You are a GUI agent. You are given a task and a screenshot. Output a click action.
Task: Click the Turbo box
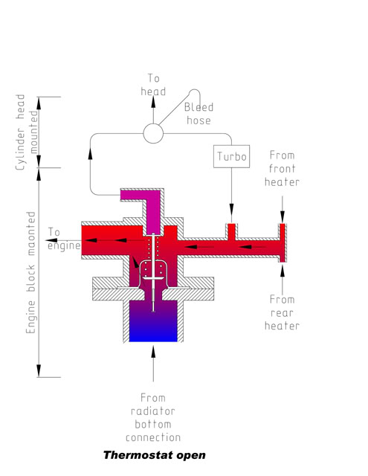[x=231, y=156]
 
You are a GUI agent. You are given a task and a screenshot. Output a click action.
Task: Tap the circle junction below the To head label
[x=153, y=133]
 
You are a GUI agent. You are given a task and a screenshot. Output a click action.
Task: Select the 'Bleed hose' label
[x=198, y=114]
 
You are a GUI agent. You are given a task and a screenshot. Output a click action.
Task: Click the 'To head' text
[x=153, y=85]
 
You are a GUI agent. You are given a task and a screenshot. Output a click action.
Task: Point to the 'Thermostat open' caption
[x=155, y=455]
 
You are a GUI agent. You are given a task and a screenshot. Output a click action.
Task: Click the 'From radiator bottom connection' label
[x=153, y=417]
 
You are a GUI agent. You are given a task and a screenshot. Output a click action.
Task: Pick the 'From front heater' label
[x=283, y=169]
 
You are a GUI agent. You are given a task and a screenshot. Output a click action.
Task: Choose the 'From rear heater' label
[x=283, y=312]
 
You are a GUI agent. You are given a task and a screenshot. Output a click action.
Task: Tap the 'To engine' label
[x=64, y=239]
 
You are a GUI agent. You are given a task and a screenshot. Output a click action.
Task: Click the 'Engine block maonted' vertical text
[x=31, y=272]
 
